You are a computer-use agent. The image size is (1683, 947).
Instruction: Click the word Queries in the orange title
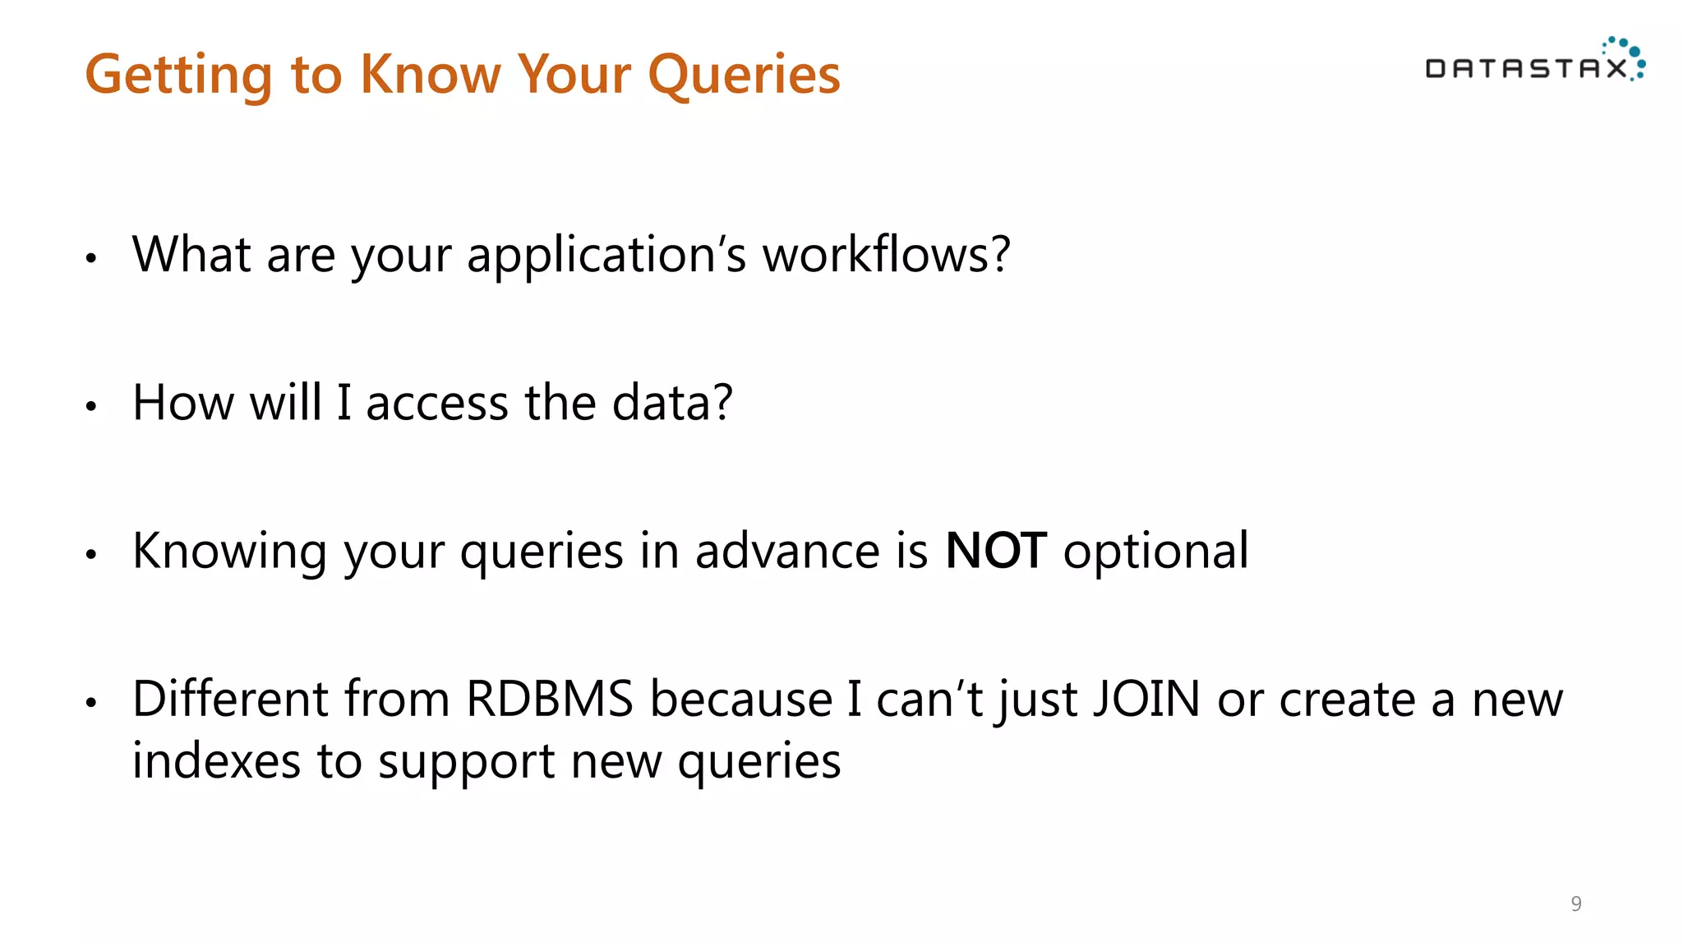click(744, 75)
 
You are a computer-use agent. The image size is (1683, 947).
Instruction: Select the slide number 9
click(1575, 903)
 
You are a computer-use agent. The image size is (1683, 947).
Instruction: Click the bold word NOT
click(996, 551)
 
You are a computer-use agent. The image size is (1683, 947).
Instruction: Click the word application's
click(606, 255)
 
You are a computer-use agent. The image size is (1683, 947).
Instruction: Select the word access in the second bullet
click(436, 403)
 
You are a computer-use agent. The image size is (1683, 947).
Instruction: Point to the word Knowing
click(229, 551)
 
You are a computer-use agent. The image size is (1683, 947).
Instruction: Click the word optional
click(1155, 551)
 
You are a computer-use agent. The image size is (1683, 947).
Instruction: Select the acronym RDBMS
click(550, 700)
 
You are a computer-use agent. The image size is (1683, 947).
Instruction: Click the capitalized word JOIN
click(1146, 700)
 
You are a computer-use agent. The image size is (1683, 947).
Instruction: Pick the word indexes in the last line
click(216, 761)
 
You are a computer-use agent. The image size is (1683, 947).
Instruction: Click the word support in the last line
click(466, 761)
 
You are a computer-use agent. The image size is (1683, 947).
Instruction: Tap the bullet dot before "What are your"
click(91, 258)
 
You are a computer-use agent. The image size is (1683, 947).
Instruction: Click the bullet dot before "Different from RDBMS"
click(91, 703)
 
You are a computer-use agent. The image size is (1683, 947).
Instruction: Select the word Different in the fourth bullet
click(229, 700)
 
